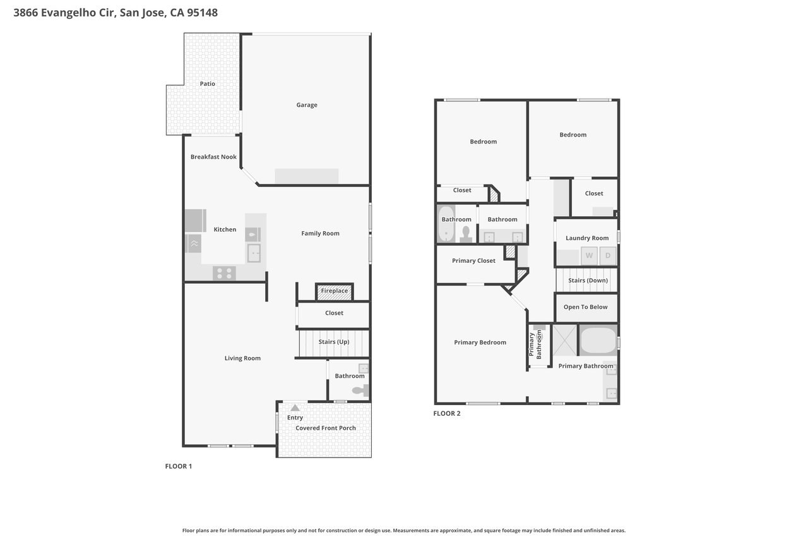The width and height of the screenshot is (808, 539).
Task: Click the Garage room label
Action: [x=307, y=105]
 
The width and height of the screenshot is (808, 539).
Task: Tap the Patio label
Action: [x=208, y=83]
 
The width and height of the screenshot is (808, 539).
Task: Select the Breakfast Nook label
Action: [x=213, y=157]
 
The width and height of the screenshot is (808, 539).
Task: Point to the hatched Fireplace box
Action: [x=335, y=291]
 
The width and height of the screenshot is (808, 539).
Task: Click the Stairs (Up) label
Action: [x=334, y=341]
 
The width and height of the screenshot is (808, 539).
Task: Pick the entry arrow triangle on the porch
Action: [x=295, y=408]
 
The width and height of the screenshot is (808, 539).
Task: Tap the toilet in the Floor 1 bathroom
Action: [x=360, y=391]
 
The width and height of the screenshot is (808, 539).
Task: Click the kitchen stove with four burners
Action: [x=224, y=273]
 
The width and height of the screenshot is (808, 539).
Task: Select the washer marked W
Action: [x=589, y=256]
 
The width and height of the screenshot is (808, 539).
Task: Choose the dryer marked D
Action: [x=608, y=256]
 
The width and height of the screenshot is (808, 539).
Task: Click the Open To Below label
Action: [x=585, y=307]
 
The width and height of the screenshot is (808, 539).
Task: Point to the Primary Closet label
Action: [x=473, y=261]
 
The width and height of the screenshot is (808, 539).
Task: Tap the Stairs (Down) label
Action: [x=588, y=280]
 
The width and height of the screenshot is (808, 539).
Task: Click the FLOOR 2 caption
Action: [x=447, y=413]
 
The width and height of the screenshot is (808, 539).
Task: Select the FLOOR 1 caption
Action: [x=179, y=466]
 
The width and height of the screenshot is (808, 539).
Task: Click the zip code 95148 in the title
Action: [x=203, y=13]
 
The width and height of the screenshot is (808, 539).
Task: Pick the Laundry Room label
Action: [x=587, y=238]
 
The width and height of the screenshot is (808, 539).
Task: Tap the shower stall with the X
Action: [x=565, y=340]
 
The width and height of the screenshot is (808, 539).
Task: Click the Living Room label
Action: [x=242, y=358]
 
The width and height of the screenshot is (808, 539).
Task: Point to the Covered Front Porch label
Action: [x=326, y=428]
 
